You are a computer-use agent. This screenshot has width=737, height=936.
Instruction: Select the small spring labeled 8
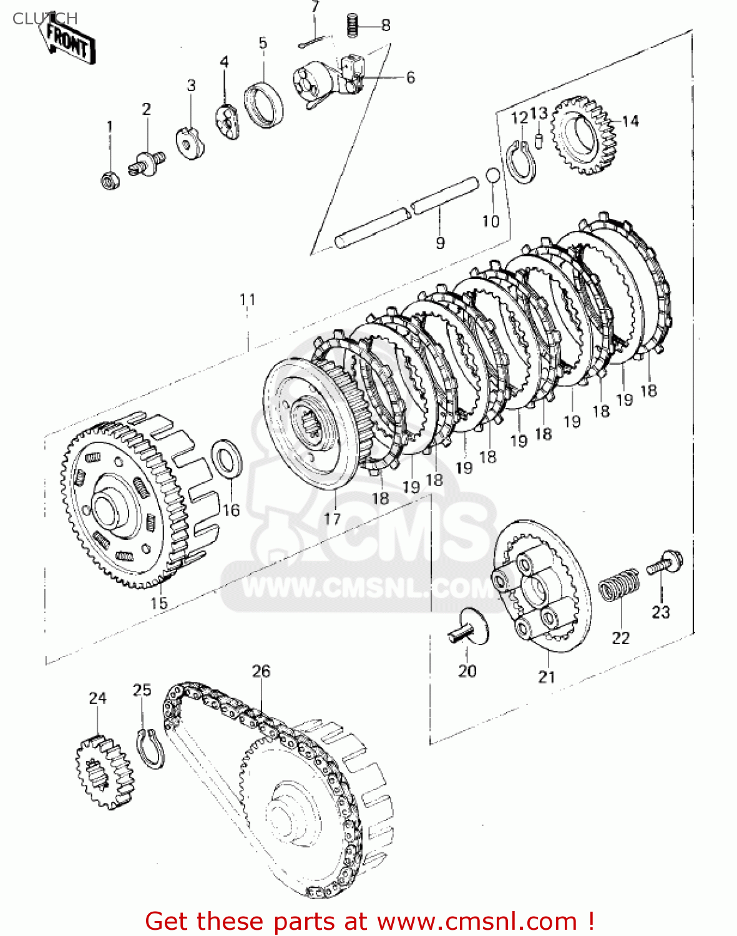point(354,26)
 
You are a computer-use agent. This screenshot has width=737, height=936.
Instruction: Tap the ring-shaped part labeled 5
point(263,104)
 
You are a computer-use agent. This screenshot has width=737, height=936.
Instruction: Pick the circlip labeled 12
point(521,162)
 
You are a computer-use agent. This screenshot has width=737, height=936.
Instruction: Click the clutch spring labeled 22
point(619,585)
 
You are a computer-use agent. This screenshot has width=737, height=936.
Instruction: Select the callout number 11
point(248,300)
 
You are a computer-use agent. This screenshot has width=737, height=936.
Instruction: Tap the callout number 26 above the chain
point(261,671)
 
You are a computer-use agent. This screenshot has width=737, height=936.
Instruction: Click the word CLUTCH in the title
point(45,19)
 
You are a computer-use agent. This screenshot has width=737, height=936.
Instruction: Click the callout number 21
point(547,676)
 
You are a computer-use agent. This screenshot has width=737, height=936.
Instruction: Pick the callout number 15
point(159,603)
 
